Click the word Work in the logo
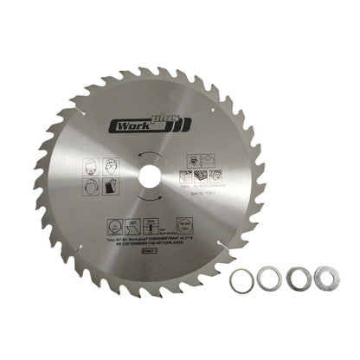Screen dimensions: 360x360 127,126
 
